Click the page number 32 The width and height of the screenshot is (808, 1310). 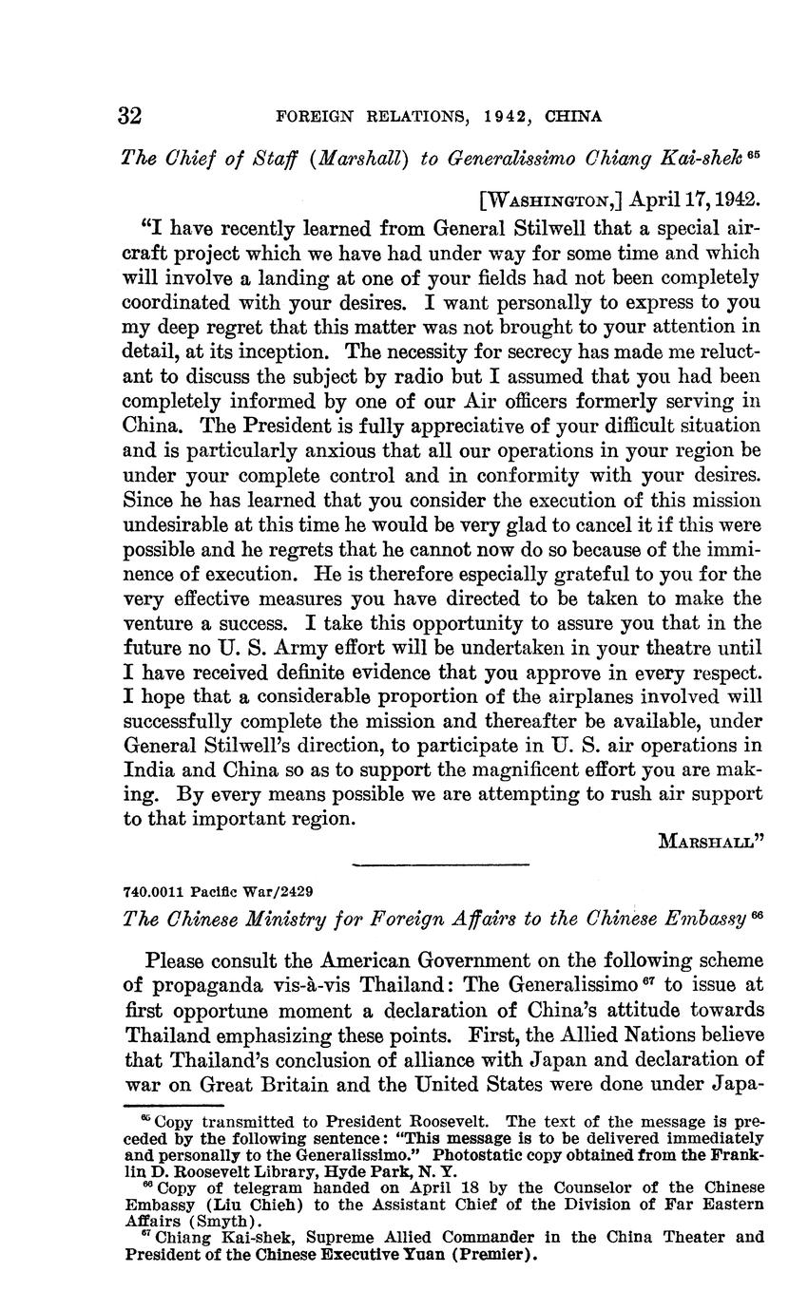pos(130,116)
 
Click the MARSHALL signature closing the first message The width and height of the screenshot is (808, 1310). pos(713,840)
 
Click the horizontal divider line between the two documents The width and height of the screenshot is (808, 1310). pos(439,864)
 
